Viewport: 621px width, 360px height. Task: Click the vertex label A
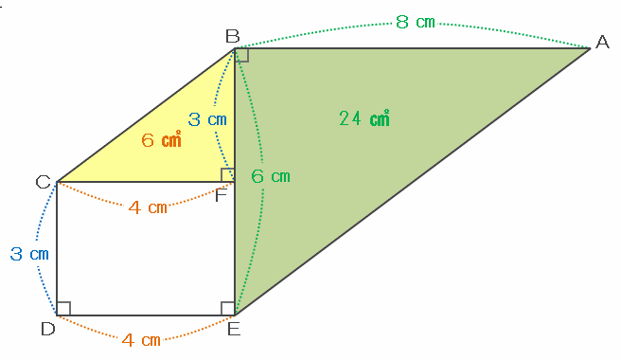tap(602, 42)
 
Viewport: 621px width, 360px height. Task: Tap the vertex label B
tap(233, 36)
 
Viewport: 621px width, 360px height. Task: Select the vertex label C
tap(43, 182)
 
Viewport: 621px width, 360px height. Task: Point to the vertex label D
tap(48, 329)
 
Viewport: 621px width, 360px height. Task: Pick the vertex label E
tap(234, 329)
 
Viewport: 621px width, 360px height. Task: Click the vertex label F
tap(221, 195)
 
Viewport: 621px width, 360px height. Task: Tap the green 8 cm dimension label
tap(416, 22)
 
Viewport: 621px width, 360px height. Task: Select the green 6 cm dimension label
tap(271, 176)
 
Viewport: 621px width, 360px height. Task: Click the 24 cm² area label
tap(364, 118)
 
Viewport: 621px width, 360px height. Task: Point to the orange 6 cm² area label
tap(161, 139)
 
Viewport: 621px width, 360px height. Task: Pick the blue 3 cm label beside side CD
tap(29, 254)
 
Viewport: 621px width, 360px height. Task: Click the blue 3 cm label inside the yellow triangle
tap(207, 119)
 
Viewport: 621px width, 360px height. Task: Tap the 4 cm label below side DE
tap(141, 340)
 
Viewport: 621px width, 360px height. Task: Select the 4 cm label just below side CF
tap(148, 207)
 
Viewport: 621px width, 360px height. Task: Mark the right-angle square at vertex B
tap(241, 55)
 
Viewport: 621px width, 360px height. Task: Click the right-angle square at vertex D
tap(63, 309)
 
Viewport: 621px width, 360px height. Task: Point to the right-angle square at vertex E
tap(228, 309)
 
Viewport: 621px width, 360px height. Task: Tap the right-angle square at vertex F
tap(228, 175)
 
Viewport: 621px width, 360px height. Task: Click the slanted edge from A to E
tap(413, 182)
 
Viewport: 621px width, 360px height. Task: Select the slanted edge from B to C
tap(146, 115)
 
